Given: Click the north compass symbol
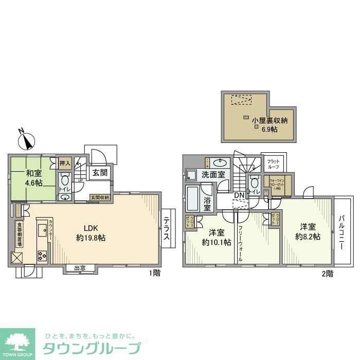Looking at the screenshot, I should [26, 139].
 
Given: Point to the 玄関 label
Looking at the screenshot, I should [100, 173].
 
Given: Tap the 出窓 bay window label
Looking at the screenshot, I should [80, 267].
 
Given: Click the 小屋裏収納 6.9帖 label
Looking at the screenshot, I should [266, 124].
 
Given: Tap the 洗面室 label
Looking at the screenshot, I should [213, 175].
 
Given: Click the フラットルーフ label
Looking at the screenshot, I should [273, 165].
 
